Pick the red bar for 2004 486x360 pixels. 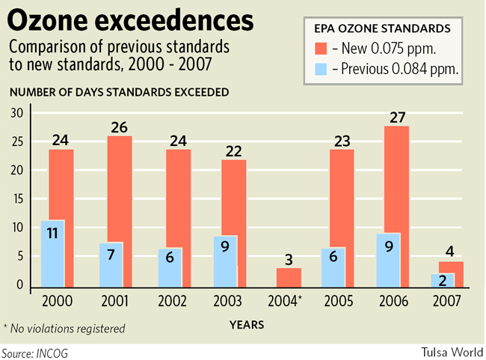(x=289, y=278)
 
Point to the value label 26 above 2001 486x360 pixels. (x=120, y=127)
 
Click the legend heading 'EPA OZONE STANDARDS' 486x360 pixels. (x=381, y=28)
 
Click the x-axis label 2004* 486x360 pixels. (x=286, y=302)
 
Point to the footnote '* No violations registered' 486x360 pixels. (x=64, y=328)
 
